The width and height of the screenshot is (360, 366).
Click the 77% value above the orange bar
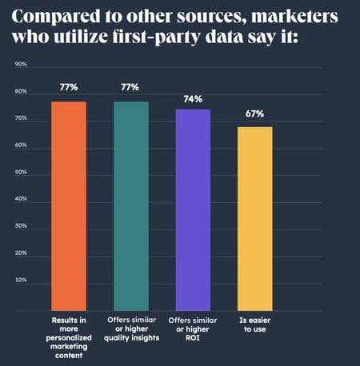[x=69, y=86]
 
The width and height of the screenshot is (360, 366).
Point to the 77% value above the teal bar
[x=130, y=86]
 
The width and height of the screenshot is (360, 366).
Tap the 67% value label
[x=254, y=113]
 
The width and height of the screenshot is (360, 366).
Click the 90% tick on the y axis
[x=22, y=64]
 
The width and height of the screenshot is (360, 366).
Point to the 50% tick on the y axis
[x=22, y=172]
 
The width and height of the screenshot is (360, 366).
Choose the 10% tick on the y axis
[x=22, y=280]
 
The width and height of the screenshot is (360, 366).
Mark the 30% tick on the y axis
[x=22, y=226]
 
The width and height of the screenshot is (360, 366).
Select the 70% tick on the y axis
[x=22, y=118]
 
